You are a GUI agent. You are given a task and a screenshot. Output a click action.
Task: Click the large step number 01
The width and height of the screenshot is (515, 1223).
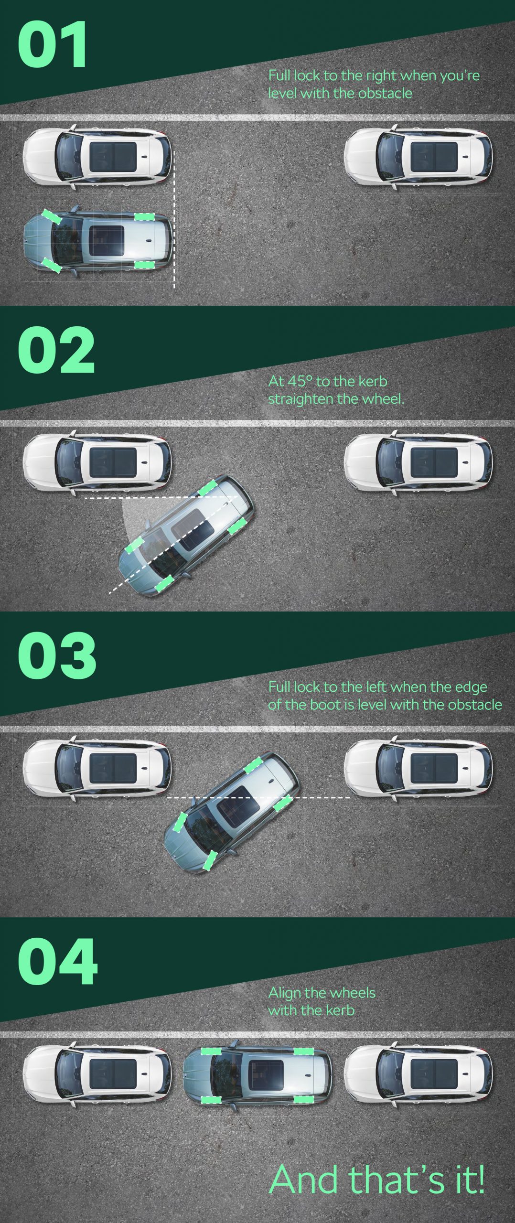tap(53, 44)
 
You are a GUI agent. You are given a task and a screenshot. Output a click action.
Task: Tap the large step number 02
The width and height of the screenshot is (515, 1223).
tap(56, 350)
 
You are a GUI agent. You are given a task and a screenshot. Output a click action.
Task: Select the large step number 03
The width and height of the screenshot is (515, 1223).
tap(57, 655)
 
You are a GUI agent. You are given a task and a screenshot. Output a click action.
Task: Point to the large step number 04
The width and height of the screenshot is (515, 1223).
tap(58, 961)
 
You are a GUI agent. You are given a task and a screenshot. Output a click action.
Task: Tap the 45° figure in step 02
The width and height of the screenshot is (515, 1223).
tap(300, 381)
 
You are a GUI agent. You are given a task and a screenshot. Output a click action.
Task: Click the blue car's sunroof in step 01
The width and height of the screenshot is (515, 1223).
tap(107, 238)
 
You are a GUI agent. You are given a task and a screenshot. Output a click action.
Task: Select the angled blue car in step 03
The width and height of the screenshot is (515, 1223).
tap(232, 812)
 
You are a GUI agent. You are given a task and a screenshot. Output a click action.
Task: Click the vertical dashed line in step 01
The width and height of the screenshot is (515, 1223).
tap(174, 220)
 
